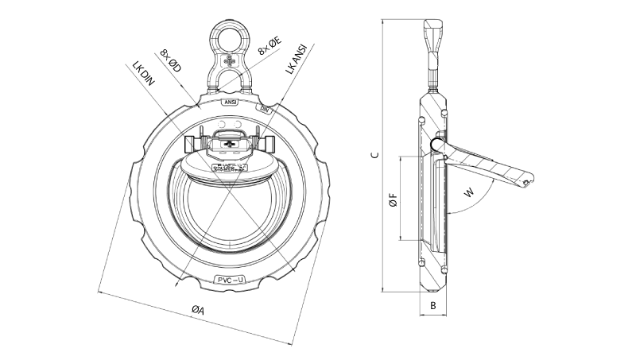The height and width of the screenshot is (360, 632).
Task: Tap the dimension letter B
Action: pyautogui.click(x=432, y=304)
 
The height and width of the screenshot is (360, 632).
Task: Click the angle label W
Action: pyautogui.click(x=471, y=192)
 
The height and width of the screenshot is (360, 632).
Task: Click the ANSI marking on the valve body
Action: pyautogui.click(x=230, y=102)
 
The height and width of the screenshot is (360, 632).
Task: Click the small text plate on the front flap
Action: pyautogui.click(x=231, y=166)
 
